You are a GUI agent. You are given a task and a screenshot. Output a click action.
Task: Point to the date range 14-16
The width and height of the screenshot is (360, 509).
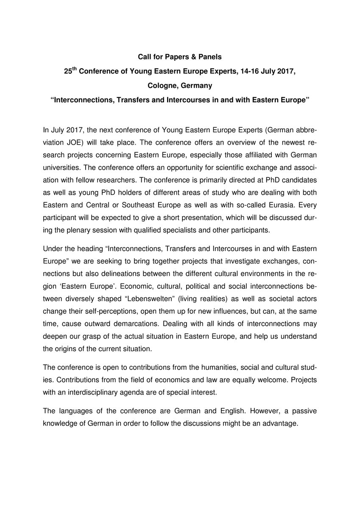[x=248, y=72]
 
